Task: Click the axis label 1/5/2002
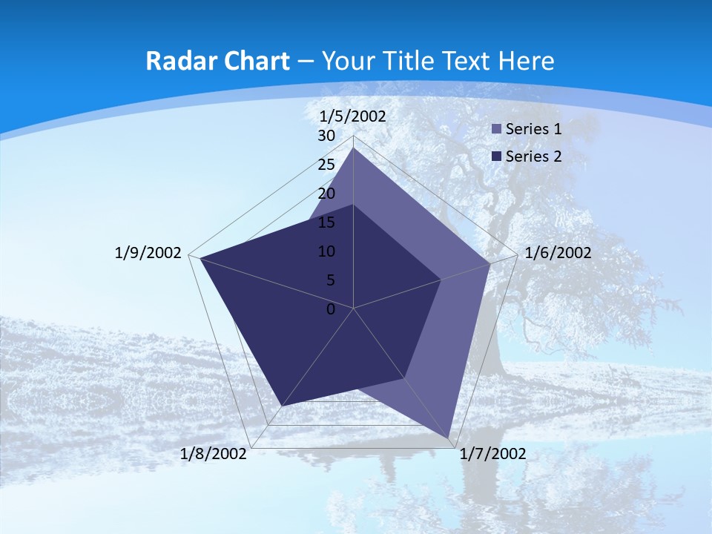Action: (353, 116)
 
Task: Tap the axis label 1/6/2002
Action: (558, 253)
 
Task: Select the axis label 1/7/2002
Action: (492, 454)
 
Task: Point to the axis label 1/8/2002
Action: (214, 454)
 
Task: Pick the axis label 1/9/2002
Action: (148, 253)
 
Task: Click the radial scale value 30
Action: (326, 136)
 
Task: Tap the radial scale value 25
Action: (326, 165)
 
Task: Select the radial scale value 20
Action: (326, 194)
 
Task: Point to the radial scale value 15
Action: (326, 222)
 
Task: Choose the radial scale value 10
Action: (326, 251)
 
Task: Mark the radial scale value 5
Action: (330, 280)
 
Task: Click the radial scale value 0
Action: (331, 309)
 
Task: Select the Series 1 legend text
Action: (533, 129)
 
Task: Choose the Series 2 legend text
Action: (533, 156)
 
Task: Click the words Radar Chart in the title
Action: (217, 61)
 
